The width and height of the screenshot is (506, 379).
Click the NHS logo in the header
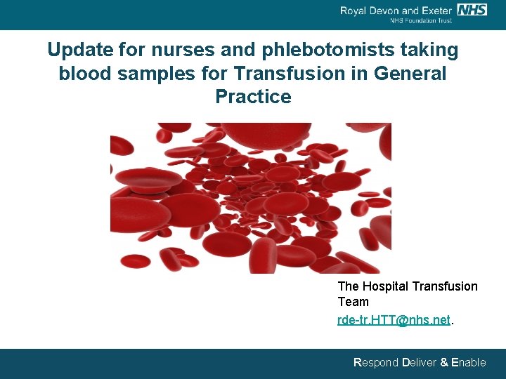472,9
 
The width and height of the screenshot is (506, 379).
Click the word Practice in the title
253,97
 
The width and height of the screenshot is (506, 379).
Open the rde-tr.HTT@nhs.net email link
394,320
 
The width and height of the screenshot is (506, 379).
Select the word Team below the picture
353,302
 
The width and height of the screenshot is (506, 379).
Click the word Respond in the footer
375,363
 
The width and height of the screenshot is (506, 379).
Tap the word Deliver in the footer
419,363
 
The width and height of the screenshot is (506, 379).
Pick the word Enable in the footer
468,363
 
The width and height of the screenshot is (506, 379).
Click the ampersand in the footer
443,363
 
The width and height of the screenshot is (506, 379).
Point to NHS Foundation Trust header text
421,21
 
